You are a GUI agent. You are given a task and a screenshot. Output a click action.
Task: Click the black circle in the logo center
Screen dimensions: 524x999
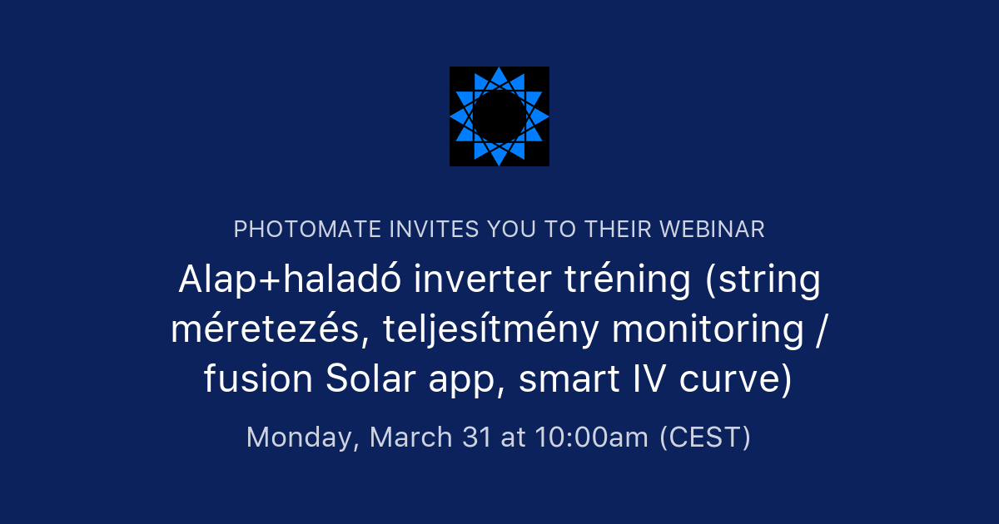499,116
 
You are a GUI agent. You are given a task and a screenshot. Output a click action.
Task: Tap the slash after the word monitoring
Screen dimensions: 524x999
822,330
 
